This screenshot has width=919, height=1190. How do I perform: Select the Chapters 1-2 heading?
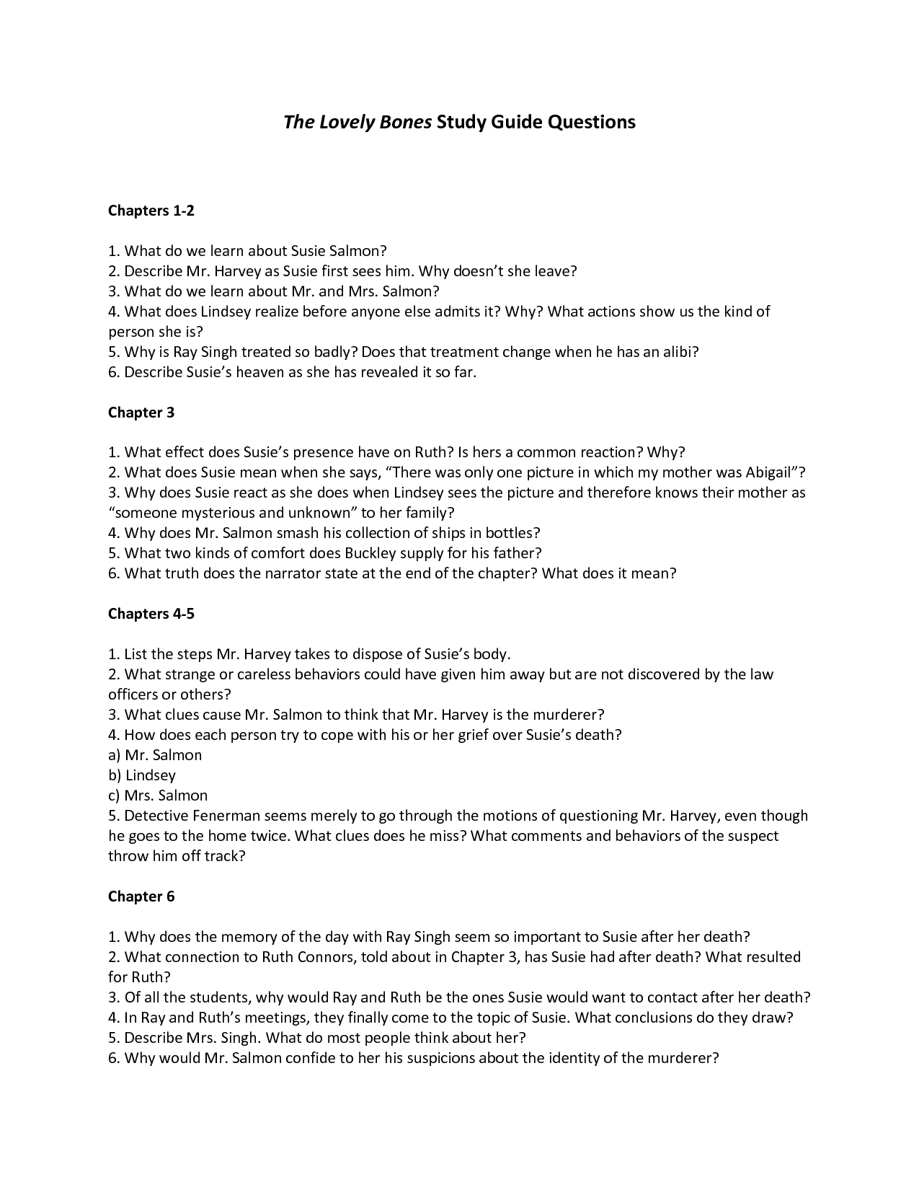pyautogui.click(x=151, y=211)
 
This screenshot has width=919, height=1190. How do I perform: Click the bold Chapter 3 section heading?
pyautogui.click(x=141, y=413)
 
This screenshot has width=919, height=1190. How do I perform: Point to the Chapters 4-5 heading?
pyautogui.click(x=151, y=614)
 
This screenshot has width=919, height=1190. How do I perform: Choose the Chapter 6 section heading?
pyautogui.click(x=141, y=896)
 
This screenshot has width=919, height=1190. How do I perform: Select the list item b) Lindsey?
pyautogui.click(x=142, y=775)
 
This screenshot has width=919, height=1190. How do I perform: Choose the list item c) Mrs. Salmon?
pyautogui.click(x=158, y=795)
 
